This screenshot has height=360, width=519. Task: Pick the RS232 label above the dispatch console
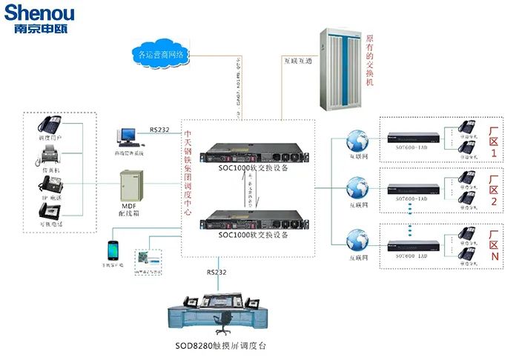click(x=216, y=273)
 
